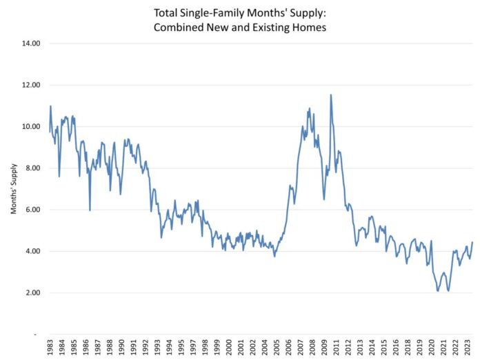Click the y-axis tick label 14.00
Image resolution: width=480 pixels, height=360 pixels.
click(x=31, y=43)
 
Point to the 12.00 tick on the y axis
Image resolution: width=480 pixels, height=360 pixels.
click(x=31, y=85)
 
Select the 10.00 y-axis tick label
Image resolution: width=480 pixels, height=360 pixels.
click(x=31, y=127)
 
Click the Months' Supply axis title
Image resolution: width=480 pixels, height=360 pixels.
click(x=13, y=190)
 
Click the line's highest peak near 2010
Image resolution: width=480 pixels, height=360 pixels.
click(x=331, y=95)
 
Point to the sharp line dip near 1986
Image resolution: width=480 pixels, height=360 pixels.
click(x=90, y=210)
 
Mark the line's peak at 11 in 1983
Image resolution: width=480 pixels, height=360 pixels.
click(x=50, y=106)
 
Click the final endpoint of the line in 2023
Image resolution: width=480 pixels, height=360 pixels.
click(x=472, y=242)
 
